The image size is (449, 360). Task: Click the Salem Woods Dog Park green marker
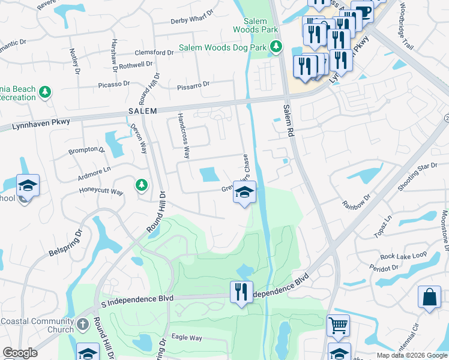coord(276,46)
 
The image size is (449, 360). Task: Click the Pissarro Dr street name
coord(193,86)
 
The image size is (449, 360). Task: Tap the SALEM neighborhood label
coord(142,111)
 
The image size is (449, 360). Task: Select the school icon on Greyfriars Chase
coord(244,193)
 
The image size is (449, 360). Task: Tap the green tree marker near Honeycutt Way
coord(141,185)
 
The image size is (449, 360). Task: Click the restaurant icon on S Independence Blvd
coord(241,292)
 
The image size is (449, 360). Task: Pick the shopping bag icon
coord(430,297)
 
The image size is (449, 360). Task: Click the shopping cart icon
coord(338,326)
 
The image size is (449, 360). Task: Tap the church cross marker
coord(83,325)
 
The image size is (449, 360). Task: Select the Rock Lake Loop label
coord(403,256)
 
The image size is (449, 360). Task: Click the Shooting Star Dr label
coord(420,175)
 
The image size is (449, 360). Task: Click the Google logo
coord(20,353)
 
